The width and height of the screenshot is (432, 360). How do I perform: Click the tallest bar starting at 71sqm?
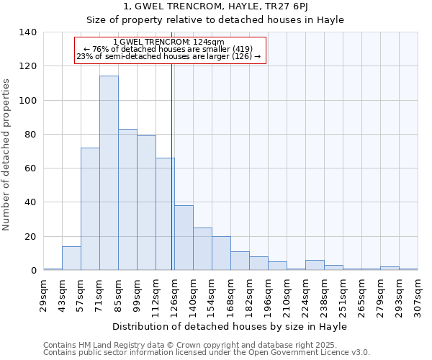click(x=109, y=173)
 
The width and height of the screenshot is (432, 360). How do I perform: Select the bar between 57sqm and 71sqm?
click(x=90, y=209)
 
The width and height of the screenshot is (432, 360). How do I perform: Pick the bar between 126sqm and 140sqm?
click(x=184, y=238)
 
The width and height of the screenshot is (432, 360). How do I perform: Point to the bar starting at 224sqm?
click(x=315, y=265)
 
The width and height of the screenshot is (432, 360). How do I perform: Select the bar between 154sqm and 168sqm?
click(x=221, y=253)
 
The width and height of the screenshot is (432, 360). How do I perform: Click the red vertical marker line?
click(x=172, y=180)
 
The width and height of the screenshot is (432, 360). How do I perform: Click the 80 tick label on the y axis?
click(x=30, y=135)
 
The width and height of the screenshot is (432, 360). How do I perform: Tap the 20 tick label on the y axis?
click(x=30, y=237)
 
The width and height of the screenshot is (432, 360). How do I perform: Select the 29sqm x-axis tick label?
click(x=44, y=293)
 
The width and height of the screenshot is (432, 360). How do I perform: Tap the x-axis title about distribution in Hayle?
click(x=230, y=326)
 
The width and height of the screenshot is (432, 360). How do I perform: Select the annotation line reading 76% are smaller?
click(x=170, y=49)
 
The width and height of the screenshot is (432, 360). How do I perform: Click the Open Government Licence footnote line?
click(x=207, y=353)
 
